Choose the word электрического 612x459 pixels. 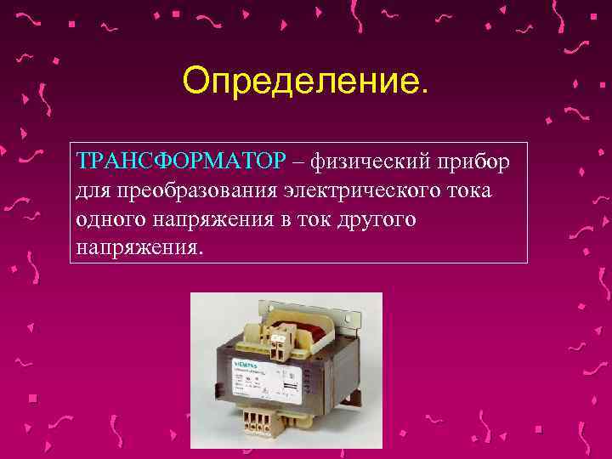[x=363, y=190]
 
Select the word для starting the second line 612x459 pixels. [x=91, y=190]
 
